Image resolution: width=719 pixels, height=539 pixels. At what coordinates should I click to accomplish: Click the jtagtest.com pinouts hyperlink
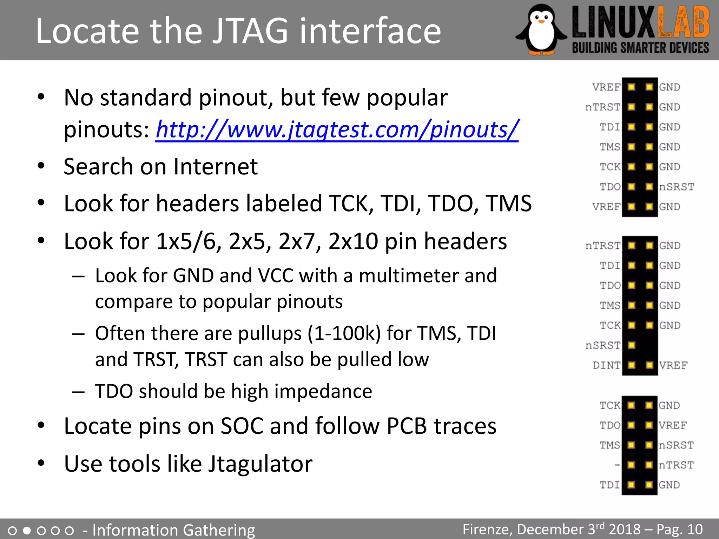pos(337,130)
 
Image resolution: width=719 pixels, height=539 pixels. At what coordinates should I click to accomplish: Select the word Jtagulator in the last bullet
pos(260,464)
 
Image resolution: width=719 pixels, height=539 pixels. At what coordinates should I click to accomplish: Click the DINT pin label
pos(606,365)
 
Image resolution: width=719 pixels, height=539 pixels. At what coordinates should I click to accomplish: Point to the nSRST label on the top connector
pos(677,187)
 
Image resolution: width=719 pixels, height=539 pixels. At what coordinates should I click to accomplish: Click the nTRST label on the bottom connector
pos(676,465)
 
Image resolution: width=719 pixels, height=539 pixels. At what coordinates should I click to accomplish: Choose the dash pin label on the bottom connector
pos(617,465)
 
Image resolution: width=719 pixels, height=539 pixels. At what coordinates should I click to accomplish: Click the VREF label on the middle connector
pos(673,365)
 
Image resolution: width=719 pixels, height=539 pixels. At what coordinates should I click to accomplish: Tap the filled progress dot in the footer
pos(27,530)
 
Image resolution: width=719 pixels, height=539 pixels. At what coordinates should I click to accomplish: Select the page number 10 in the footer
pos(695,529)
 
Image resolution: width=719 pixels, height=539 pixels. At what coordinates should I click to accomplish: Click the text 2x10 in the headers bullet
pos(353,241)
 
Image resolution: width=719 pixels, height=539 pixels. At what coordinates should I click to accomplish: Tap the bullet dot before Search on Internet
pos(41,166)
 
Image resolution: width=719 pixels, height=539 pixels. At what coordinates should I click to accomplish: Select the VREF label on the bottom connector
pos(673,425)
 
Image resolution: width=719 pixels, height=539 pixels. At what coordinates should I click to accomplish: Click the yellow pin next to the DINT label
pos(632,365)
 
